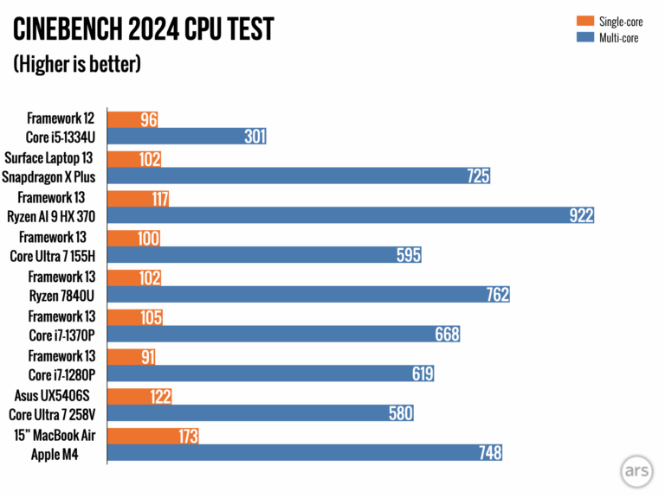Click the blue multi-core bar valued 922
tap(352, 215)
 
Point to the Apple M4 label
tap(54, 453)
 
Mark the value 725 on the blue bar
tap(477, 176)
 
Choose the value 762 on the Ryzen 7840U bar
tap(496, 295)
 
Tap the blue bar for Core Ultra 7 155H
tap(265, 255)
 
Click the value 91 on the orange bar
tap(148, 355)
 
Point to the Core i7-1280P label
tap(61, 374)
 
